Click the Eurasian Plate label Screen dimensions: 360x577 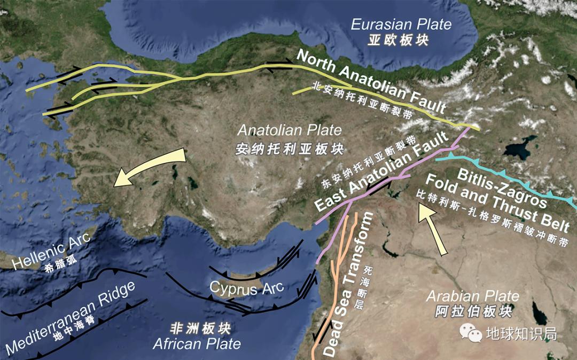coord(401,24)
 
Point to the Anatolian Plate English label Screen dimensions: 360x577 coord(290,130)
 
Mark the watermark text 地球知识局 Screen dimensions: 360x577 coord(521,334)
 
